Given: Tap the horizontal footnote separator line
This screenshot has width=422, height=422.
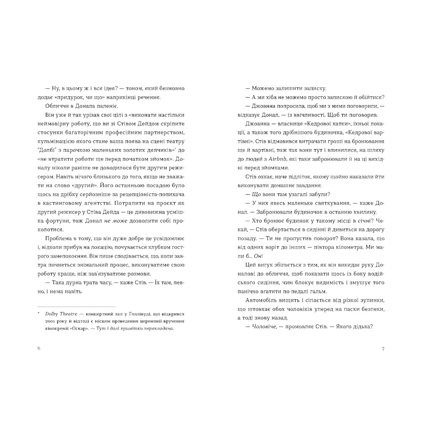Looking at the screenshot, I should coord(76,306).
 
